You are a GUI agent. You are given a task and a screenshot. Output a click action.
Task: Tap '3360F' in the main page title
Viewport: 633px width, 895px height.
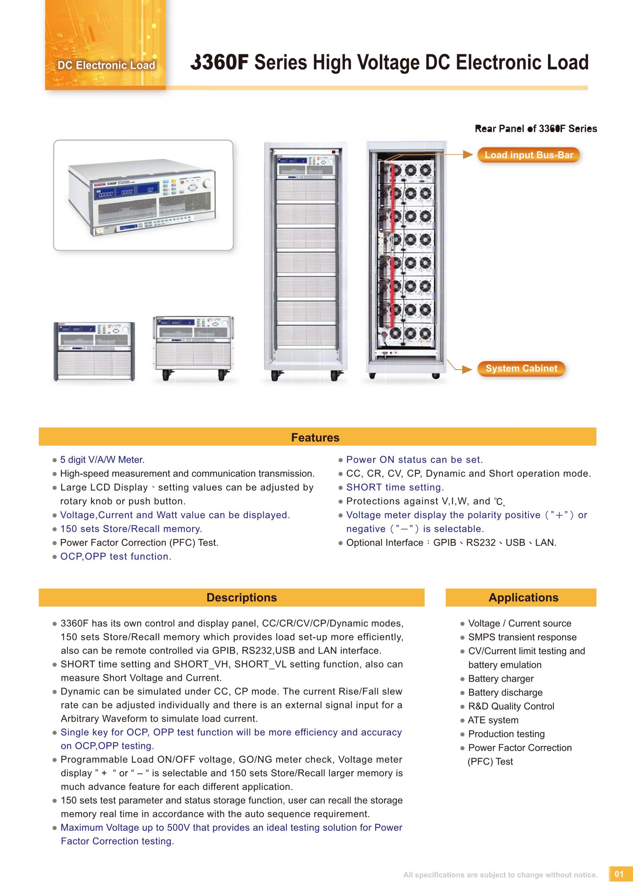click(x=220, y=62)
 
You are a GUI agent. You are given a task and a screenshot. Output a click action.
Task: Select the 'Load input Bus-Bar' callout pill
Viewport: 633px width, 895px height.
click(x=528, y=155)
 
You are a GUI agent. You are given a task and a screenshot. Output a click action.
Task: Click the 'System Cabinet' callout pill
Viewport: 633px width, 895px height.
click(x=521, y=368)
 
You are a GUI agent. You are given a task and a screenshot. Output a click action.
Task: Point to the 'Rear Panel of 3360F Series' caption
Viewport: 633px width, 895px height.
click(x=535, y=129)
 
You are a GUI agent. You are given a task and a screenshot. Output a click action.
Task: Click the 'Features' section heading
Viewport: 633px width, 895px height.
click(x=315, y=437)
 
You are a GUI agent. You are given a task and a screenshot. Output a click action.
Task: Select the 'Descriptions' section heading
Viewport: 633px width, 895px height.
click(x=241, y=598)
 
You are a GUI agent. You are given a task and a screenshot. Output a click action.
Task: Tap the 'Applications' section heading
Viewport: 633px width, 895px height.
click(x=523, y=598)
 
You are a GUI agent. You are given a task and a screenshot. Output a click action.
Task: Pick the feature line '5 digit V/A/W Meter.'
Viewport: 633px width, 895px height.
click(x=102, y=460)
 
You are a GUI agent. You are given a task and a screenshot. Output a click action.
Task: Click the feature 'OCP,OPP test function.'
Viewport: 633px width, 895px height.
click(x=115, y=556)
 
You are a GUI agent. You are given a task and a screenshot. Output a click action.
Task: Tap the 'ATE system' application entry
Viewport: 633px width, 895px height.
click(x=493, y=720)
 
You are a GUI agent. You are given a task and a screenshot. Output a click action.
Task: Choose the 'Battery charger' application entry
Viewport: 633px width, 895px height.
click(x=500, y=679)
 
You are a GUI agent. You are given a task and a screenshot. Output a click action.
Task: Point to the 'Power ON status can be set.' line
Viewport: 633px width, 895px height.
click(x=414, y=460)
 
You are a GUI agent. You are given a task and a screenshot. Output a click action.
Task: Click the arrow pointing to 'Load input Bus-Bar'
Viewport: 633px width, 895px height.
click(x=467, y=155)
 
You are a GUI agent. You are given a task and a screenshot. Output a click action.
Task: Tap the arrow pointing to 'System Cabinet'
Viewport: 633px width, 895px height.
click(x=466, y=369)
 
